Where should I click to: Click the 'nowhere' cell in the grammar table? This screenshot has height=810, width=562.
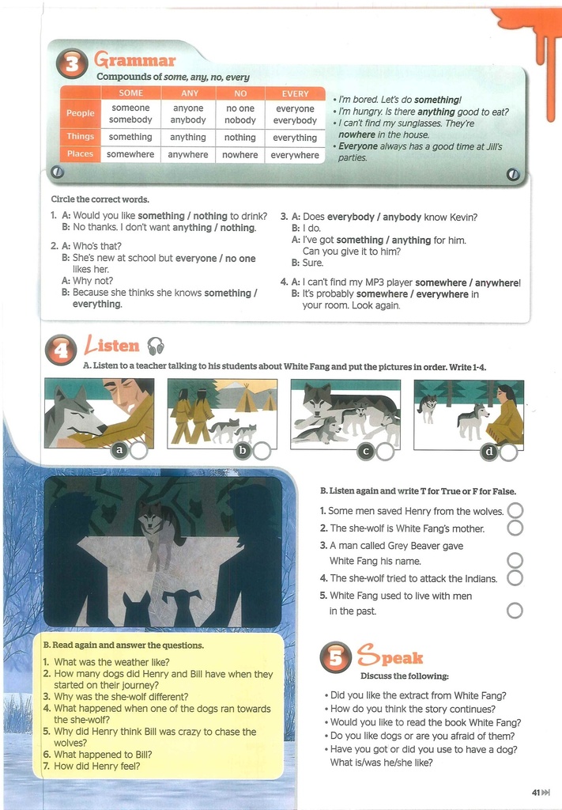[x=240, y=154]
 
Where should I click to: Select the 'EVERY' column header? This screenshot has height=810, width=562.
[x=295, y=93]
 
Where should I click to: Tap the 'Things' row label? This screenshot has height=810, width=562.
[x=80, y=136]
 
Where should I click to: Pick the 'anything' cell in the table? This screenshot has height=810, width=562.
[x=188, y=137]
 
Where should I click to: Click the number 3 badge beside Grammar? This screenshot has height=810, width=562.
[x=72, y=63]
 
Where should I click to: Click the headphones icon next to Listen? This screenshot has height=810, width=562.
[x=156, y=346]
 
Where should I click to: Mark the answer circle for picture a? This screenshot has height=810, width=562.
[x=139, y=450]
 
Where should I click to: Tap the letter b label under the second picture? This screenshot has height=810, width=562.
[x=242, y=450]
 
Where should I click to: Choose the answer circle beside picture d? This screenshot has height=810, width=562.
[x=508, y=452]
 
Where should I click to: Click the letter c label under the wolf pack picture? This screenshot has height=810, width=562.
[x=366, y=452]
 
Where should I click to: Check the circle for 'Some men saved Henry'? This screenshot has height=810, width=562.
[x=515, y=510]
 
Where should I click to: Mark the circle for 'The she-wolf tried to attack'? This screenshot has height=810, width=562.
[x=515, y=577]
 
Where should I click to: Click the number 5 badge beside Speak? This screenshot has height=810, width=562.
[x=335, y=657]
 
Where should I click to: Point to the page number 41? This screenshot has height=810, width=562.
[x=536, y=793]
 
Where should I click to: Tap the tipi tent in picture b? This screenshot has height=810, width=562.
[x=247, y=397]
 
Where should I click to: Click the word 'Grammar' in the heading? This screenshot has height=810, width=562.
[x=134, y=60]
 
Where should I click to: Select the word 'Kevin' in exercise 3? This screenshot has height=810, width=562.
[x=465, y=217]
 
